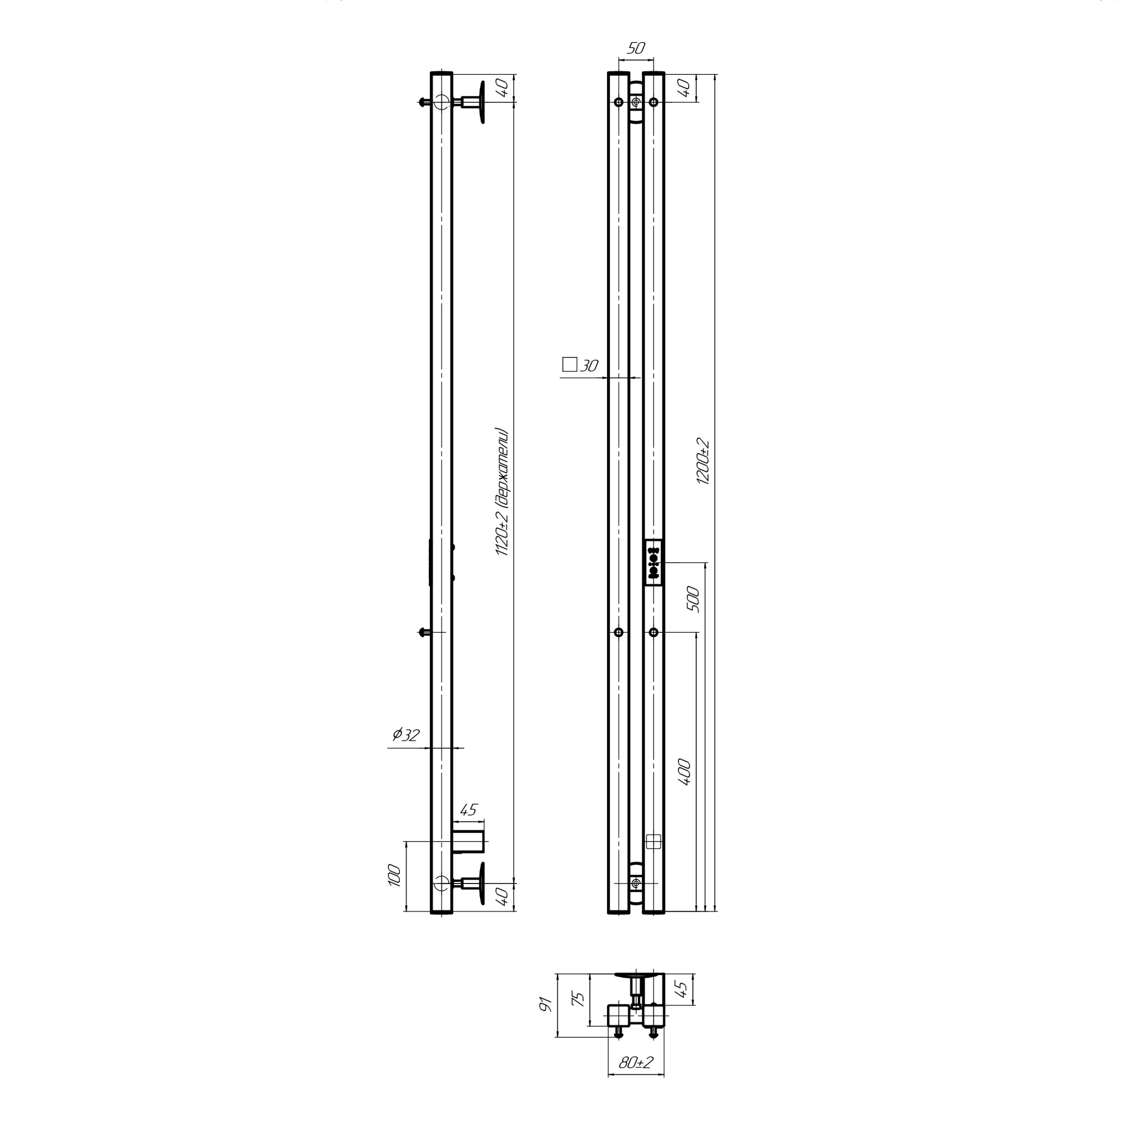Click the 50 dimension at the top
(x=635, y=48)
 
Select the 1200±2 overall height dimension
(x=704, y=461)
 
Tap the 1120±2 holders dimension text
(x=502, y=492)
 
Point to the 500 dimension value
(x=694, y=599)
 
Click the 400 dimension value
(x=685, y=772)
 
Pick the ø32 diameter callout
(x=406, y=735)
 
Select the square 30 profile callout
(x=580, y=365)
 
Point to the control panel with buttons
(x=654, y=563)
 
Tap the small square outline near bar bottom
(x=654, y=841)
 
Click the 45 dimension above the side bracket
(x=468, y=810)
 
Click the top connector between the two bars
(x=636, y=103)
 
